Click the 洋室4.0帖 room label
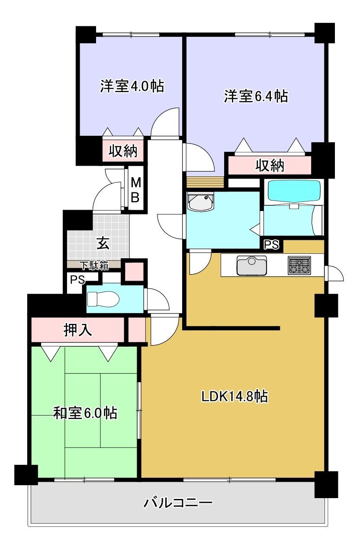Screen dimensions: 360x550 click(132, 86)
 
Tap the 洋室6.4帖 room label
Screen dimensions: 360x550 click(256, 96)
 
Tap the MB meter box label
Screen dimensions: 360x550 click(135, 190)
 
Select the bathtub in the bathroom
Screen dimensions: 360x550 click(294, 192)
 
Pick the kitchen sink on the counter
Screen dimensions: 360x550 click(252, 265)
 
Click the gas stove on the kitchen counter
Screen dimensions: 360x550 click(299, 265)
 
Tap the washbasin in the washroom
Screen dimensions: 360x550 click(201, 201)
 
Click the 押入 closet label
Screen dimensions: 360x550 click(77, 330)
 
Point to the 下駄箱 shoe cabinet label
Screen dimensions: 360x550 click(95, 265)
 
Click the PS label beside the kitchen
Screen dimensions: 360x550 click(272, 244)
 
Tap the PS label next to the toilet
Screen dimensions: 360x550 click(77, 280)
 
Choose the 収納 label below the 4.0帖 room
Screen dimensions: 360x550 click(123, 150)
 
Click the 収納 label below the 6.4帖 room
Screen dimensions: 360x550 click(270, 166)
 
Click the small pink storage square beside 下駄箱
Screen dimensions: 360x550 click(134, 272)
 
